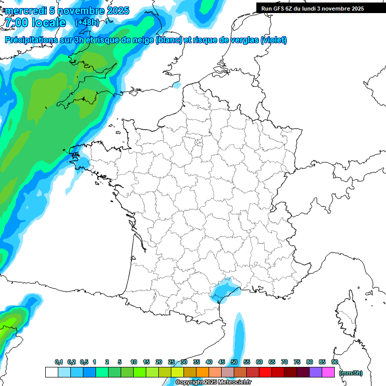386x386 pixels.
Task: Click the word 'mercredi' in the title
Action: (23, 11)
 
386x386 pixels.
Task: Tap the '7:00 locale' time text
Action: (35, 23)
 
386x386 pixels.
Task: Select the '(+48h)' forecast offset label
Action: (87, 23)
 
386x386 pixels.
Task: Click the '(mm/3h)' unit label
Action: (351, 373)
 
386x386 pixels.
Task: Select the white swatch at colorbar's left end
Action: (52, 372)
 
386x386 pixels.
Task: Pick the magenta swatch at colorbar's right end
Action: (328, 372)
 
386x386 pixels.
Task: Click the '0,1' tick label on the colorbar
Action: (59, 362)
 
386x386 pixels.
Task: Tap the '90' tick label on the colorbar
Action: (334, 362)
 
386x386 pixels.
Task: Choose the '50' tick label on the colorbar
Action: (234, 362)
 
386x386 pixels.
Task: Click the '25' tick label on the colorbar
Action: (171, 362)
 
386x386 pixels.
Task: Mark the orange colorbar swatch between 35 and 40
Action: (203, 372)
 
